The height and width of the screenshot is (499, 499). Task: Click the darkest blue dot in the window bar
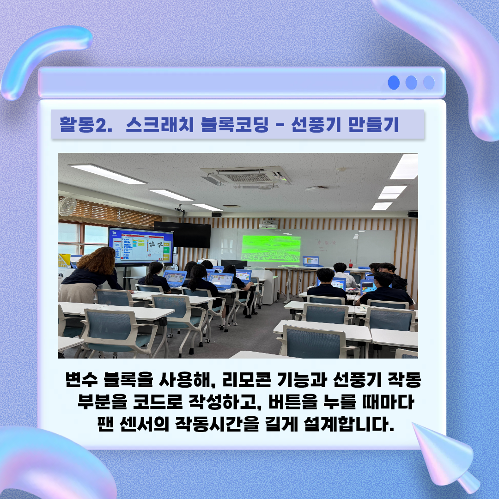click(x=394, y=83)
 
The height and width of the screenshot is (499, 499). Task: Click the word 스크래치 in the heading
click(x=159, y=124)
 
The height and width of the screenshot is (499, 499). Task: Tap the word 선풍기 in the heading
click(x=316, y=124)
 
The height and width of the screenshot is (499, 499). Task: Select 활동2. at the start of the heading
click(x=86, y=124)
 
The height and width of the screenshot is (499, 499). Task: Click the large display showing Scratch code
click(x=140, y=247)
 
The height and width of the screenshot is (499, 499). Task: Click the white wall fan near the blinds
click(x=67, y=206)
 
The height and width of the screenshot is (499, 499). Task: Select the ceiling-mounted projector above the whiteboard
click(x=268, y=224)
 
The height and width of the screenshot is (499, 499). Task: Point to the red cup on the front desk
click(x=351, y=264)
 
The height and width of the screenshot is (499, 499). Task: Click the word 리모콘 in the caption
click(x=247, y=379)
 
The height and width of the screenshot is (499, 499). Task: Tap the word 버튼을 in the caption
click(x=293, y=402)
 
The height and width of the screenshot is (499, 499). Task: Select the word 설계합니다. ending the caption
click(x=349, y=424)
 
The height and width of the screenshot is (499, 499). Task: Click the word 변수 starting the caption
click(x=81, y=379)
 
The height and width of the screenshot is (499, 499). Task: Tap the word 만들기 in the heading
click(x=373, y=124)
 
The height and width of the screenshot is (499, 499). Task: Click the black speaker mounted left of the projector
click(x=216, y=214)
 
